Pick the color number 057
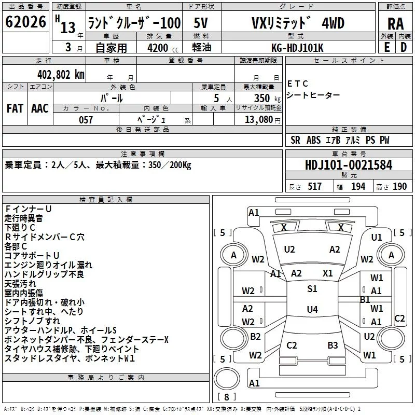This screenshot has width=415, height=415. click(86, 120)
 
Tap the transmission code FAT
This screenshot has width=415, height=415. click(15, 108)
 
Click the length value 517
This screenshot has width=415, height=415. click(314, 187)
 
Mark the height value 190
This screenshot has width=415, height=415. click(399, 187)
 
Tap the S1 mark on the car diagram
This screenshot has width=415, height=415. click(312, 289)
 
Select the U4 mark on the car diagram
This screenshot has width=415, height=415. click(312, 310)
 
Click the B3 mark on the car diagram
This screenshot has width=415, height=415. click(333, 345)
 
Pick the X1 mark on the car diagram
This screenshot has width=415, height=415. click(328, 273)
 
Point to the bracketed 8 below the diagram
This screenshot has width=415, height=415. click(226, 397)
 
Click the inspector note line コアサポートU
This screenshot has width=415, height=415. click(32, 255)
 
